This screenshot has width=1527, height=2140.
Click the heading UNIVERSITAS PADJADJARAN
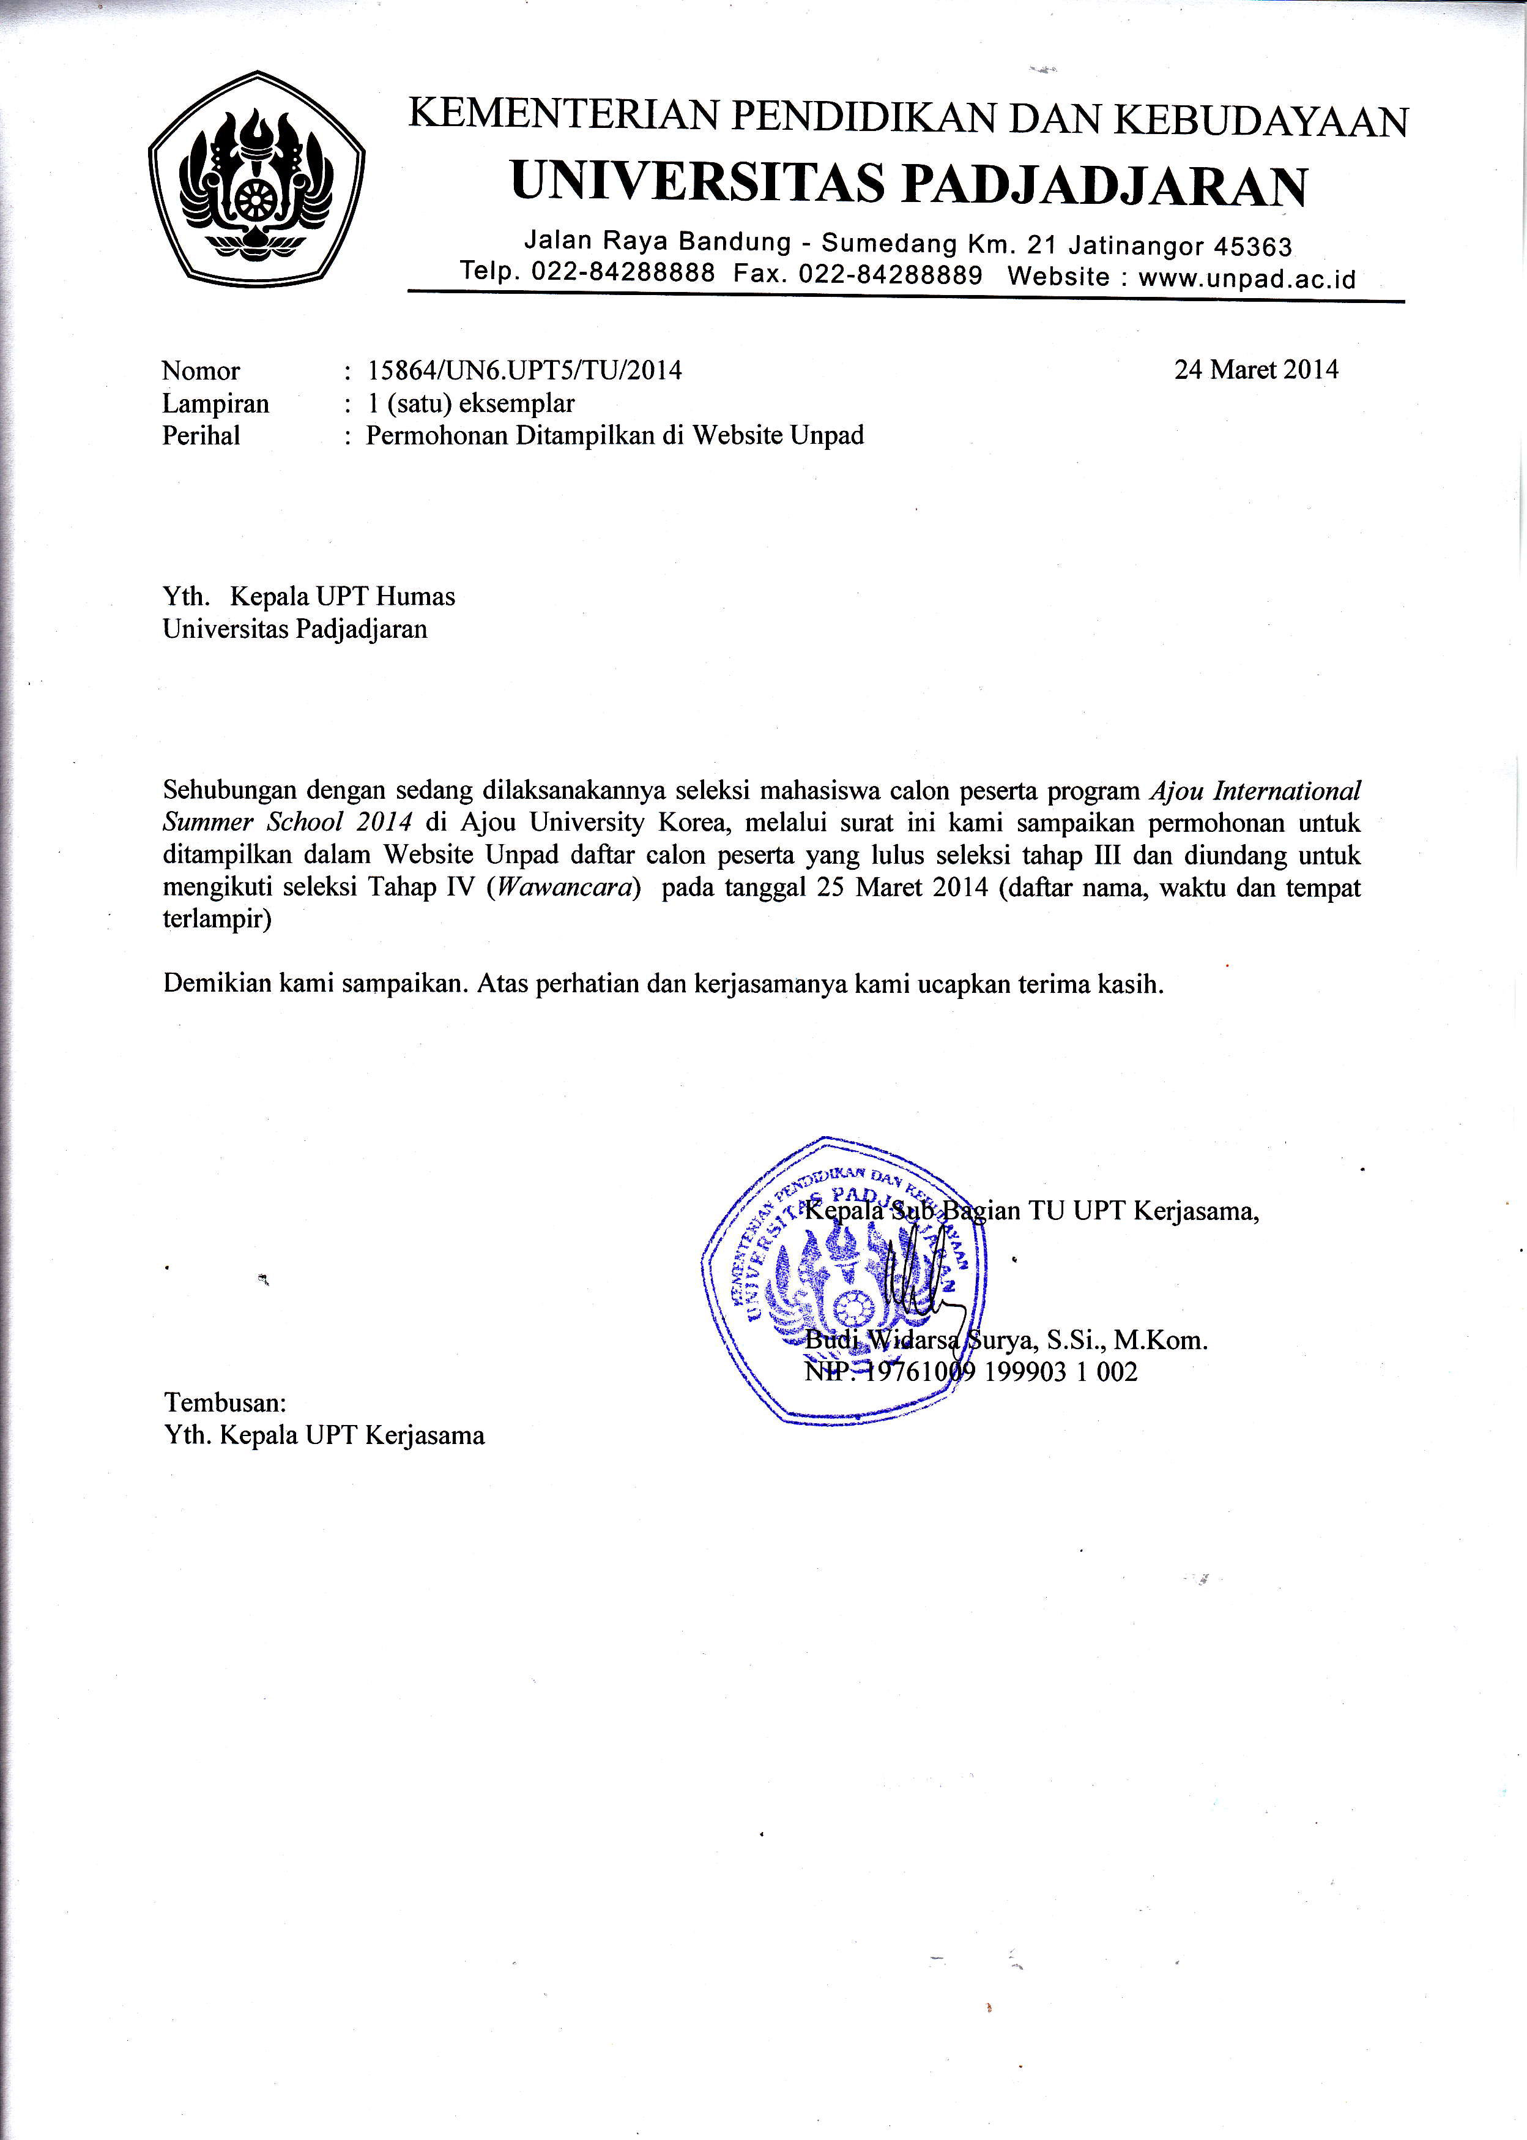click(x=908, y=184)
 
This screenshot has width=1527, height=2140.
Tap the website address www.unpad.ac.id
click(x=1247, y=279)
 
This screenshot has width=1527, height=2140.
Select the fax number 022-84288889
click(x=890, y=275)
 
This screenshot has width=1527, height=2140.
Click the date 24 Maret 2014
click(x=1255, y=370)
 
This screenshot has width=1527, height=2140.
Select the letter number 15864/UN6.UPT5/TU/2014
click(x=525, y=370)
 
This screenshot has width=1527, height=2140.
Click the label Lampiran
click(x=215, y=403)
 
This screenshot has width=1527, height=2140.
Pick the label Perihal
click(x=201, y=435)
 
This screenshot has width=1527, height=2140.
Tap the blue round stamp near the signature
click(x=844, y=1280)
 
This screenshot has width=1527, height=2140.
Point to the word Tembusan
click(x=225, y=1402)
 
